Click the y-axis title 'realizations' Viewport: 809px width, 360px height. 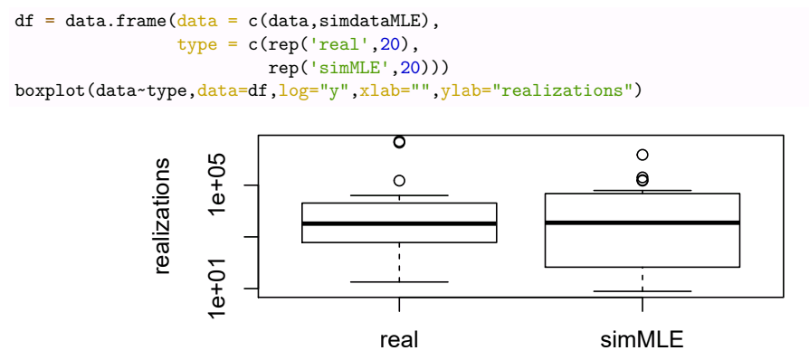pos(163,214)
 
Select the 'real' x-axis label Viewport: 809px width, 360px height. pos(399,339)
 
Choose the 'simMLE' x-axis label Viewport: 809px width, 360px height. pos(642,339)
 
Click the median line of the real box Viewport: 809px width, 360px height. pos(399,223)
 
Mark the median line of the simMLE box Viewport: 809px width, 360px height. pos(642,223)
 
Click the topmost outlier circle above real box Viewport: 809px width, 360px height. pos(399,141)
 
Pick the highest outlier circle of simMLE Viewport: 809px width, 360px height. pos(642,155)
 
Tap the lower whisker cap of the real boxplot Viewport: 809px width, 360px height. pos(399,282)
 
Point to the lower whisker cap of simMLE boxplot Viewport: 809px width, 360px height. pos(642,291)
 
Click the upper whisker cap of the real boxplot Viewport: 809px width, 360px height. pos(399,195)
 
